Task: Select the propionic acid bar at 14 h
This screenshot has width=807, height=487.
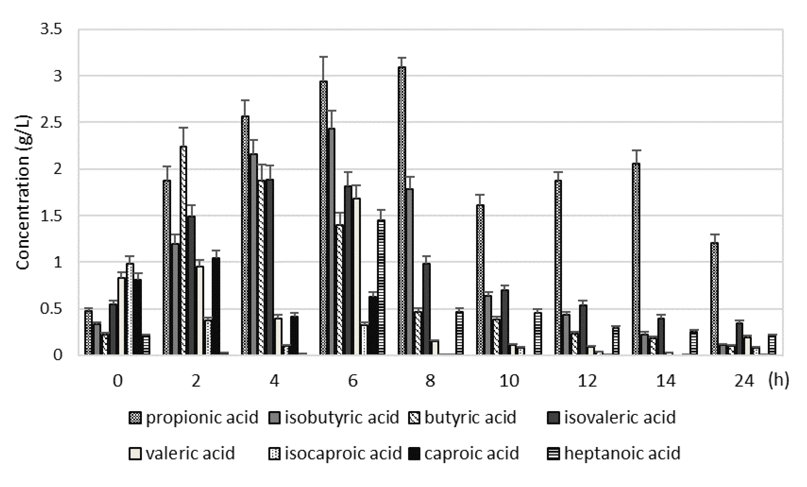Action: (636, 259)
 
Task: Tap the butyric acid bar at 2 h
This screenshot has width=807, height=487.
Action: (183, 250)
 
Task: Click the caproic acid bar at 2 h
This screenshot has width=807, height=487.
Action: (216, 306)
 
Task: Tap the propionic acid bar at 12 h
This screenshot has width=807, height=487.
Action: (558, 267)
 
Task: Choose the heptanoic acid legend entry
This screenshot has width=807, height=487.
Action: (614, 454)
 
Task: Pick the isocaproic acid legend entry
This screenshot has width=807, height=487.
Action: (335, 454)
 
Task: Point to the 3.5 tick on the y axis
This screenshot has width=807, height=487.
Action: (51, 30)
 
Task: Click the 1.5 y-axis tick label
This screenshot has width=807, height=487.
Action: (51, 216)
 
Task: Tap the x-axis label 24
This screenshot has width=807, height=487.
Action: (744, 381)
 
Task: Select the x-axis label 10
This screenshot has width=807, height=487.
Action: (509, 381)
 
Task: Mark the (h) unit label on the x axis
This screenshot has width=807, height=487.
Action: (778, 380)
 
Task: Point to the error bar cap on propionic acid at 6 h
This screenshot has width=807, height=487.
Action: (323, 57)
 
